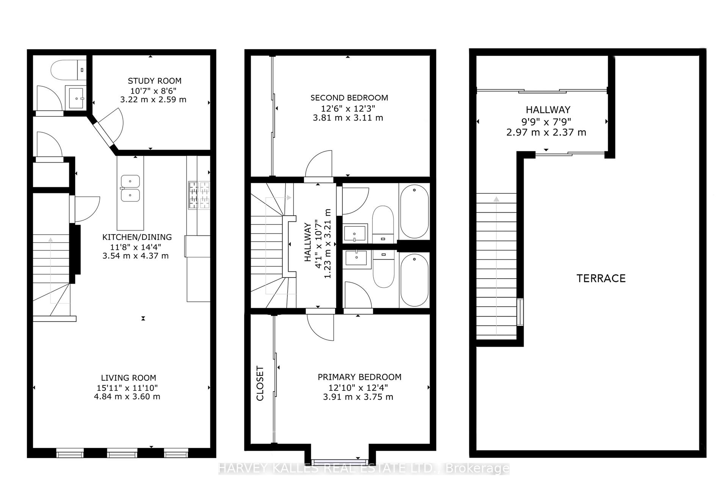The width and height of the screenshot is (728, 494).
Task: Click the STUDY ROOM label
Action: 154,81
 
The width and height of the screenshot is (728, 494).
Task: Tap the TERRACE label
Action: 601,278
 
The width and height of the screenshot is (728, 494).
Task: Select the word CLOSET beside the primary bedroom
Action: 260,383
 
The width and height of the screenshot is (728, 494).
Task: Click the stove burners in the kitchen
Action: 199,195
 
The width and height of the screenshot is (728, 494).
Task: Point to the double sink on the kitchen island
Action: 130,188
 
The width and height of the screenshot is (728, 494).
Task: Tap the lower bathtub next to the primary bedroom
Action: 414,280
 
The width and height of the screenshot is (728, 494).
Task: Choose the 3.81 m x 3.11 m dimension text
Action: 348,118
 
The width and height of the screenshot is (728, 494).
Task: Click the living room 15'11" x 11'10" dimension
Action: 127,388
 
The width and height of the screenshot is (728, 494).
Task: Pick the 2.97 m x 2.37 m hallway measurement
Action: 546,133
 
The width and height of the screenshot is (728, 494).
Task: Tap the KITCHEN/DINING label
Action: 137,237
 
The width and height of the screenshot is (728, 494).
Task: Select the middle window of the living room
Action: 122,453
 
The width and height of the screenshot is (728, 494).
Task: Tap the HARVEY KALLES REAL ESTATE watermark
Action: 364,469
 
